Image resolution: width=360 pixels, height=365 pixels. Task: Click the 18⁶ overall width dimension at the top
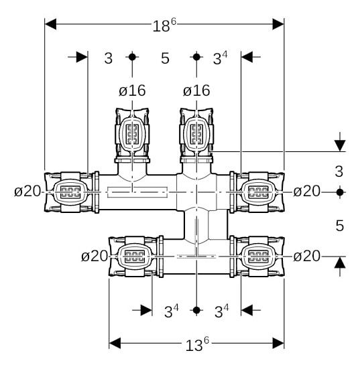(x=164, y=25)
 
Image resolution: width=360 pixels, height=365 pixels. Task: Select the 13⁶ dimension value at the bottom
(x=197, y=344)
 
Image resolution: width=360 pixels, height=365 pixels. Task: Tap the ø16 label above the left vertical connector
(x=132, y=90)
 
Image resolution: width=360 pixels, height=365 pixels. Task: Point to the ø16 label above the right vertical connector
(x=196, y=90)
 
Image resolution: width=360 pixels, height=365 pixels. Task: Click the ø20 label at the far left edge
(x=27, y=192)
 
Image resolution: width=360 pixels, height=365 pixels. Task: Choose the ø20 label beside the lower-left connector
(x=95, y=256)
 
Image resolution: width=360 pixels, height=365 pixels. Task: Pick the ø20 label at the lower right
(x=306, y=256)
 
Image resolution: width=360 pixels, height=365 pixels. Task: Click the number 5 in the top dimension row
(x=165, y=58)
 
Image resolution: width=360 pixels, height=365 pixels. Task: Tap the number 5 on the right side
(x=340, y=226)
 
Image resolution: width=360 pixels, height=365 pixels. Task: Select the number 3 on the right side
(x=339, y=171)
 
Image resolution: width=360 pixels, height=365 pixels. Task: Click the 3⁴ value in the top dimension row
(x=220, y=58)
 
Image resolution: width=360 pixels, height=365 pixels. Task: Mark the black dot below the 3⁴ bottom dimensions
(x=196, y=310)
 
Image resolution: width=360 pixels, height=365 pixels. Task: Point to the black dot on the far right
(x=340, y=192)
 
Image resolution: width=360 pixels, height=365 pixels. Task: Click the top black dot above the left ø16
(x=132, y=57)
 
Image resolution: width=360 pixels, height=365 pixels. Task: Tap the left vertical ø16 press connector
(x=132, y=135)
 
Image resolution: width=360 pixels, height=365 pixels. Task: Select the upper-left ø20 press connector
(x=70, y=192)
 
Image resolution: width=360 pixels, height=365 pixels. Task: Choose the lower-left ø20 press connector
(x=136, y=257)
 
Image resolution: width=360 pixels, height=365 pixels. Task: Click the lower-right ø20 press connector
(x=257, y=257)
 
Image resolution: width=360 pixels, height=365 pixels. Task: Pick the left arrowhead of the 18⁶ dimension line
(x=50, y=24)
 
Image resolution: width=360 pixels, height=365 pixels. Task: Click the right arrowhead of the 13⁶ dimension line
(x=278, y=343)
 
